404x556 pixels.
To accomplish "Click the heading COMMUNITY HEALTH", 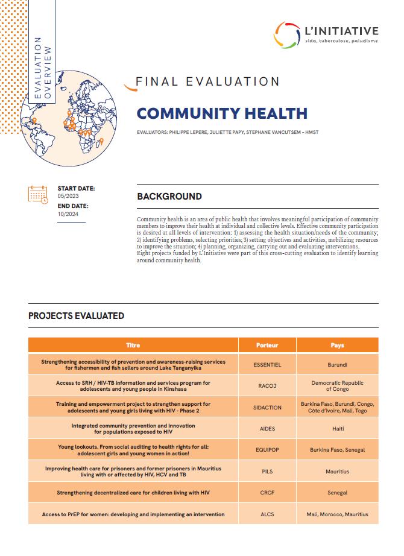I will point(222,113).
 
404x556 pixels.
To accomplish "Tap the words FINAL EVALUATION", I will point(207,82).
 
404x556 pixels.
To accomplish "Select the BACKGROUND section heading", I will point(169,196).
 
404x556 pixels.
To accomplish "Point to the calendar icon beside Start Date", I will point(38,194).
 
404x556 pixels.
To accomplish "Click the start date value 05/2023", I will point(68,197).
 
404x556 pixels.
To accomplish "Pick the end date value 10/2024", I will point(68,214).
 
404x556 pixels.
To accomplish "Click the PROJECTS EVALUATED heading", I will point(77,315).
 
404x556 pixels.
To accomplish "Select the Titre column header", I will point(133,346).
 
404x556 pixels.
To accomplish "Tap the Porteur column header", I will point(267,346).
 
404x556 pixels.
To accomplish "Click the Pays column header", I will point(338,346).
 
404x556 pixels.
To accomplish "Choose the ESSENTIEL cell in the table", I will point(267,365).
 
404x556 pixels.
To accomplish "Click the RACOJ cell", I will point(267,386).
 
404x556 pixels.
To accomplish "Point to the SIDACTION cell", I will point(267,407).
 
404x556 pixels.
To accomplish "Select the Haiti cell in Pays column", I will point(338,428).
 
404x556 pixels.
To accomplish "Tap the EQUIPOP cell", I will point(267,450).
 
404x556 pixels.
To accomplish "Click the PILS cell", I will point(267,471).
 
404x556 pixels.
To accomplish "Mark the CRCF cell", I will point(267,493).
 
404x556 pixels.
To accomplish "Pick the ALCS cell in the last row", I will point(267,514).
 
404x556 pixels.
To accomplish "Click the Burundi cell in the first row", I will point(338,365).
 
